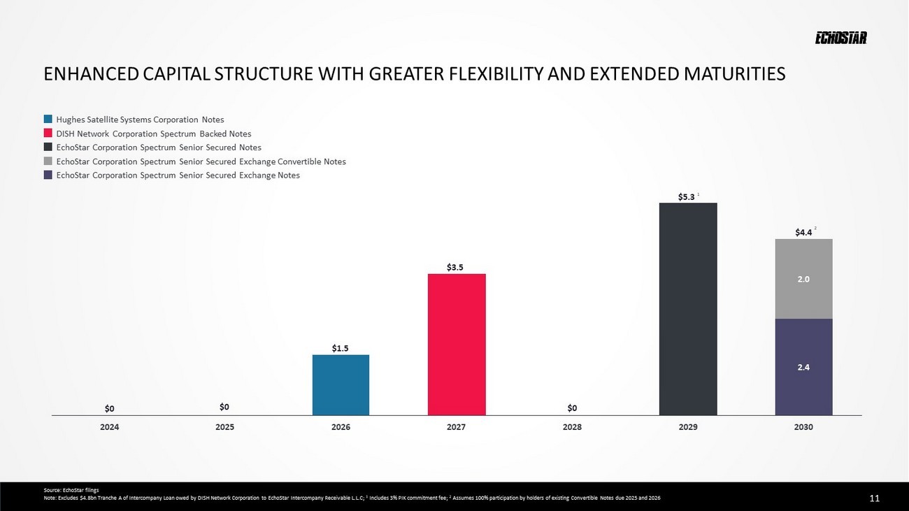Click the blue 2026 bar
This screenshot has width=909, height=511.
[341, 384]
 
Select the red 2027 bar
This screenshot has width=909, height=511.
[457, 344]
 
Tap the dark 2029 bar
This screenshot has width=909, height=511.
[688, 309]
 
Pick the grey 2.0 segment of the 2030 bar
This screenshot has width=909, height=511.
[803, 279]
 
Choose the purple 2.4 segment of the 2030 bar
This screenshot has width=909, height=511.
[803, 366]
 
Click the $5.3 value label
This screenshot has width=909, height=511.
[686, 197]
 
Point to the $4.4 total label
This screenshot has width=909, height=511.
[803, 232]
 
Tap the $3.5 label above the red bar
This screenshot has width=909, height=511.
[455, 267]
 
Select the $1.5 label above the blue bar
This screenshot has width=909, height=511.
[341, 347]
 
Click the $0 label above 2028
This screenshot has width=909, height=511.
[572, 408]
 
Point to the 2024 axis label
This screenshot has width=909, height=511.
[110, 427]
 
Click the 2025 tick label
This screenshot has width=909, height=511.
[224, 427]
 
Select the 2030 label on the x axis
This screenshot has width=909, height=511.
[803, 427]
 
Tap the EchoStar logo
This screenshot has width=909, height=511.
[840, 38]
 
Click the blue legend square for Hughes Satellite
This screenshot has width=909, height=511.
[48, 120]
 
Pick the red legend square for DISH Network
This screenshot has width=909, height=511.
[48, 134]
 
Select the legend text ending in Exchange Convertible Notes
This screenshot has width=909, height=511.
[201, 161]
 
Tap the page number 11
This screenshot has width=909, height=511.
[874, 498]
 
